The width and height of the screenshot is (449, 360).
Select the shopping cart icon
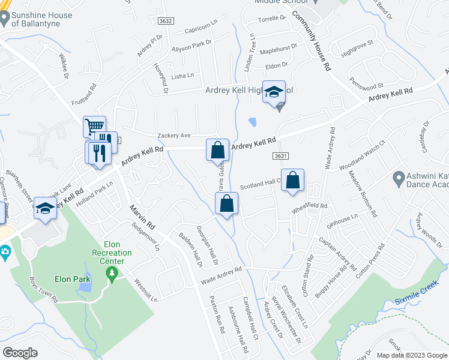[x=94, y=126]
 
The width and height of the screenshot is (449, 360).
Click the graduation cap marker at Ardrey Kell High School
[x=274, y=92]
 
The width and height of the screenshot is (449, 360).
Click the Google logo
[x=20, y=353]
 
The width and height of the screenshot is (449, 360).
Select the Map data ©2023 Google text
[x=411, y=355]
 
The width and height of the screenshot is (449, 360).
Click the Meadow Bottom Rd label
[x=363, y=193]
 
